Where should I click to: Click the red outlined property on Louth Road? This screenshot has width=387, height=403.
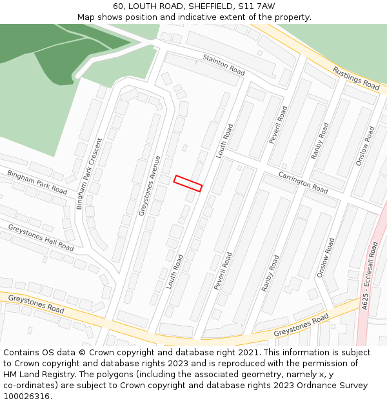188,183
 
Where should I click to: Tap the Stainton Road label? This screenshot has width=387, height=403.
224,65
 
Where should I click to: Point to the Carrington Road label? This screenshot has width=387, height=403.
303,182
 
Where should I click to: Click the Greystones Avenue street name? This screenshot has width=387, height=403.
149,186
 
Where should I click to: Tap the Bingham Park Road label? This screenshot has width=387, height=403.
37,182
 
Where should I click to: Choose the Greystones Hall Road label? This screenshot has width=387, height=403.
41,237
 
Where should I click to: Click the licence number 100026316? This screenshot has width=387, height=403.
28,397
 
